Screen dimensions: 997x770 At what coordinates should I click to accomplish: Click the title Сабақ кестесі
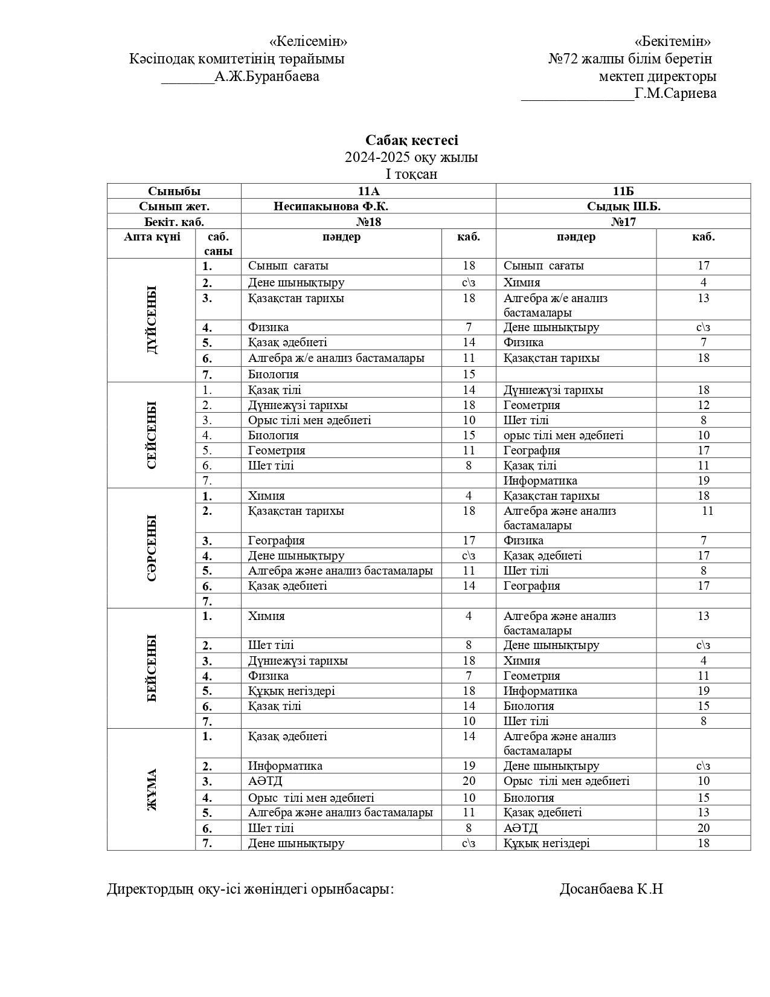[x=411, y=140]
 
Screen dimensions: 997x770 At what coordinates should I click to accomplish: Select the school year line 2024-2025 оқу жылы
[x=411, y=157]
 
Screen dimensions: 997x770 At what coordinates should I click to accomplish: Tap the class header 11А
[x=368, y=191]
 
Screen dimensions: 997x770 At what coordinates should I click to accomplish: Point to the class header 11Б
[x=623, y=191]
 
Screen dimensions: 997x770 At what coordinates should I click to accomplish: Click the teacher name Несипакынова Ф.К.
[x=330, y=206]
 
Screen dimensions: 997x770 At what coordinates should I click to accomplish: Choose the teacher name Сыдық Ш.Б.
[x=623, y=206]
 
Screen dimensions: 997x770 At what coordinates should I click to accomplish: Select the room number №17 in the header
[x=623, y=222]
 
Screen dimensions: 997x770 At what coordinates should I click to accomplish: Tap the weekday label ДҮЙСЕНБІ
[x=152, y=320]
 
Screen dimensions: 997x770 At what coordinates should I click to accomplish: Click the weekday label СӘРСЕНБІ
[x=152, y=547]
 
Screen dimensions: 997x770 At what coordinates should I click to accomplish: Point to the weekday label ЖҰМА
[x=152, y=789]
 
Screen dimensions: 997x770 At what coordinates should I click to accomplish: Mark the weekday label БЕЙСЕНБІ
[x=152, y=668]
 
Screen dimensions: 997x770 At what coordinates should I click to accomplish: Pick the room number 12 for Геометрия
[x=703, y=405]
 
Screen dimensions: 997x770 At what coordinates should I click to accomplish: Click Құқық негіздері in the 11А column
[x=291, y=691]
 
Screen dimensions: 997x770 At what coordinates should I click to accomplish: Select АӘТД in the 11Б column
[x=521, y=828]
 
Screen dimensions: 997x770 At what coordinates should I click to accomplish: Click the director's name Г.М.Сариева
[x=675, y=93]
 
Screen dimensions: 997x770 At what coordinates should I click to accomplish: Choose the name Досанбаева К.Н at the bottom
[x=611, y=889]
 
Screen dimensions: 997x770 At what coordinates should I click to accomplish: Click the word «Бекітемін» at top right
[x=672, y=41]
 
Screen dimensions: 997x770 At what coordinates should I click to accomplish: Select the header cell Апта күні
[x=152, y=237]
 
